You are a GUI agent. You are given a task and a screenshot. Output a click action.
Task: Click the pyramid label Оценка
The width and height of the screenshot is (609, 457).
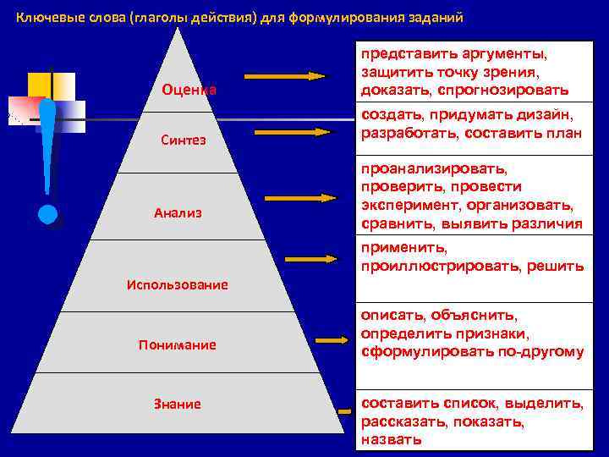coord(189,90)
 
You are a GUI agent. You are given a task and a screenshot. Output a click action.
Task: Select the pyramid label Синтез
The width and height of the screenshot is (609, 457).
coord(184,140)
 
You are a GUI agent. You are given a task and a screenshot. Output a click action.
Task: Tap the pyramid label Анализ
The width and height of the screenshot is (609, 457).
coord(178,212)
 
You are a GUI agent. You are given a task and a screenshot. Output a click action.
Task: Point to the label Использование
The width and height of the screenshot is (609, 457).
coord(177,284)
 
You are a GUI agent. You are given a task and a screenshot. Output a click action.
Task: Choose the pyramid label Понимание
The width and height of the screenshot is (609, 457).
coord(178,344)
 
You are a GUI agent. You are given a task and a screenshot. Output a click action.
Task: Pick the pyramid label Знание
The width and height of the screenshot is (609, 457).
coord(178,404)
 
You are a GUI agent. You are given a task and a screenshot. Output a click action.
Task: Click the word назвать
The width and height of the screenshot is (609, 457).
coord(390,440)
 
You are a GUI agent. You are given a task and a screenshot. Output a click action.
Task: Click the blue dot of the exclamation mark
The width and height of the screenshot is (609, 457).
coord(47,214)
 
